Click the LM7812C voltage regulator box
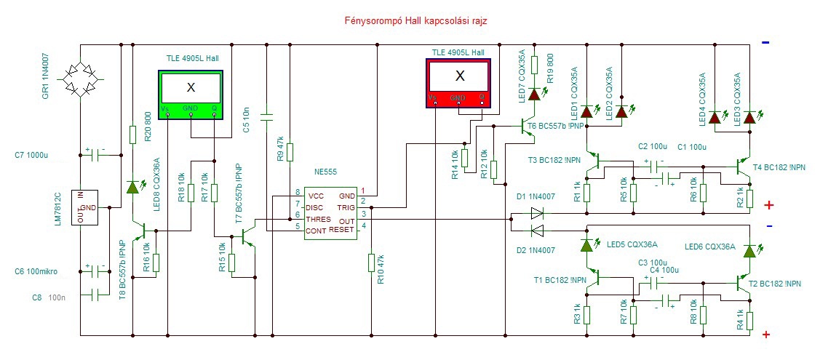click(x=84, y=209)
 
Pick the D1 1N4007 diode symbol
click(x=537, y=213)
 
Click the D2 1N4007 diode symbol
click(x=537, y=231)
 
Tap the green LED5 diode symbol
click(x=586, y=245)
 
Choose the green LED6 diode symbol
click(x=750, y=251)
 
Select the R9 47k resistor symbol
click(x=290, y=152)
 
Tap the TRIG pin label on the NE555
click(x=346, y=207)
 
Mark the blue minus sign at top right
click(x=765, y=43)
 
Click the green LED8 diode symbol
click(x=132, y=187)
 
